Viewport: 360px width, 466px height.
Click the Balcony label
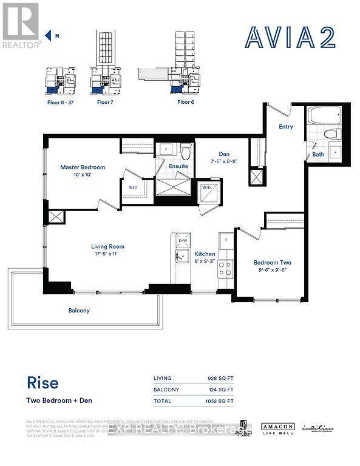pos(79,310)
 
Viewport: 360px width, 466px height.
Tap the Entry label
pos(285,127)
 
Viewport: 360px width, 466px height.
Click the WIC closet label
pos(133,187)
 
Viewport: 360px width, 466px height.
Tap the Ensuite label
pos(178,166)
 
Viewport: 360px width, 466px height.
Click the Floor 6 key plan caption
pos(186,103)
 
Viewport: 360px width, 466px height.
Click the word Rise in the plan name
pos(42,383)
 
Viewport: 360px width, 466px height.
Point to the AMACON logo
pos(278,427)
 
